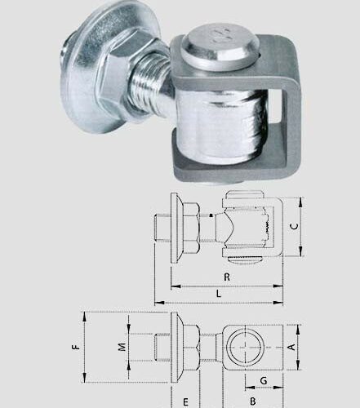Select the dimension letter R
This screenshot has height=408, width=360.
226,277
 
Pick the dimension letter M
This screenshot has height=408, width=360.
122,347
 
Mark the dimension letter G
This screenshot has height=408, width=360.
263,381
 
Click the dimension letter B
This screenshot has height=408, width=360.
253,401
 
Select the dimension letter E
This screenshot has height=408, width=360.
184,401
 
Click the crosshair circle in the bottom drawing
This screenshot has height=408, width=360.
247,347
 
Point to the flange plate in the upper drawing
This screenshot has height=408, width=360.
173,224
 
